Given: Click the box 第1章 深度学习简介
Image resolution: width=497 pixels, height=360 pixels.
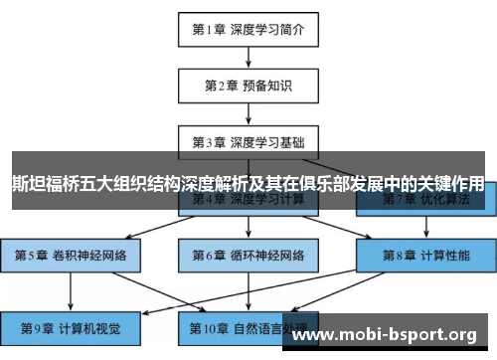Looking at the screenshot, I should [248, 29].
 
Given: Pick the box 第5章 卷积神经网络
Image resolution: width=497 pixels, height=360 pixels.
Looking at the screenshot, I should [71, 255].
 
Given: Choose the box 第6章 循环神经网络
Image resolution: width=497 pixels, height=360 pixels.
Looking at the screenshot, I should [248, 255].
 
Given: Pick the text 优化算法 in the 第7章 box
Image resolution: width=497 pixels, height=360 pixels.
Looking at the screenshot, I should [440, 199].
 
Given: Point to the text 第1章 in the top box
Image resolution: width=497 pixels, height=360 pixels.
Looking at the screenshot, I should [208, 29].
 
